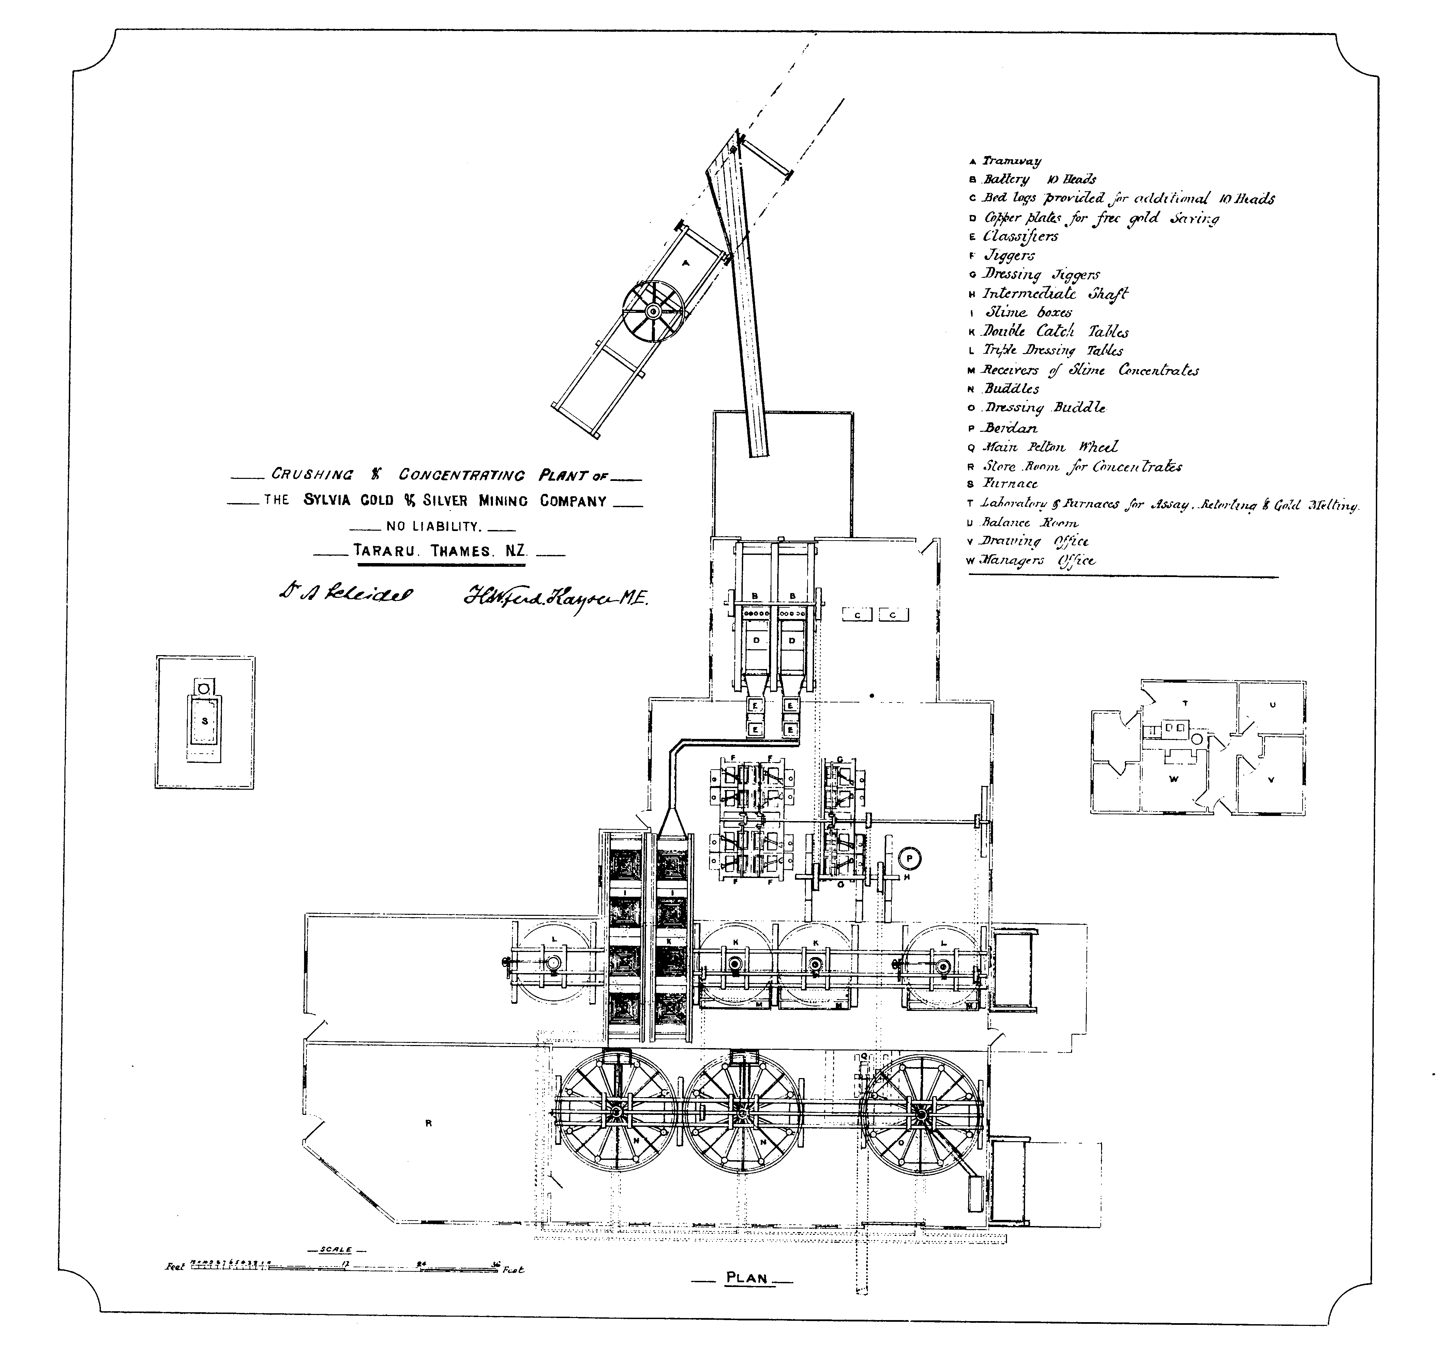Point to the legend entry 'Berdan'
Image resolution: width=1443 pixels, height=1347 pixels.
(x=1010, y=428)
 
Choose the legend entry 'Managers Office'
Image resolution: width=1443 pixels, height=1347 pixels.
(x=1038, y=560)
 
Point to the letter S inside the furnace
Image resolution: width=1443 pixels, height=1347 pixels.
(x=205, y=721)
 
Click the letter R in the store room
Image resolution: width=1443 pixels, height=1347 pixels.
(x=428, y=1123)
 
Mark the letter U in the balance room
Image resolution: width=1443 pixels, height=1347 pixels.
(x=1272, y=705)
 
